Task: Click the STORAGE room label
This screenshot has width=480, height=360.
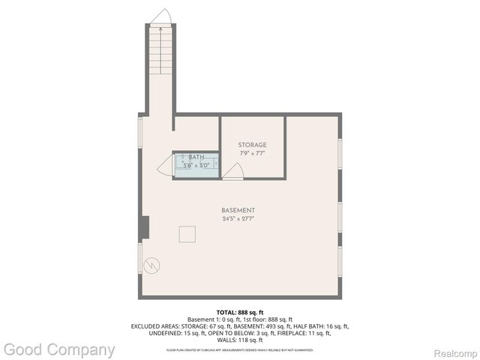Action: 252,145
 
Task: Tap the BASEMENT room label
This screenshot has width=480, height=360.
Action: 238,210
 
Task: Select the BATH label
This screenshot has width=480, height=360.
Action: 196,157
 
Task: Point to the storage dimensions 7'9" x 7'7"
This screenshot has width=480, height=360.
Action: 252,153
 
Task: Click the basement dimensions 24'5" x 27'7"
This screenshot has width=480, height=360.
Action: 238,219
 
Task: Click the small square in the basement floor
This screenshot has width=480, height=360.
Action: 187,234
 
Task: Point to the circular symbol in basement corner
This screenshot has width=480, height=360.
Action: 152,265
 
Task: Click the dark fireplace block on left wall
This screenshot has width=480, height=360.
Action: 145,226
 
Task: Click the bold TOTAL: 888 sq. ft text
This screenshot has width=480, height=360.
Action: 239,312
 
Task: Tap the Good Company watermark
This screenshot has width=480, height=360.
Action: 59,349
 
